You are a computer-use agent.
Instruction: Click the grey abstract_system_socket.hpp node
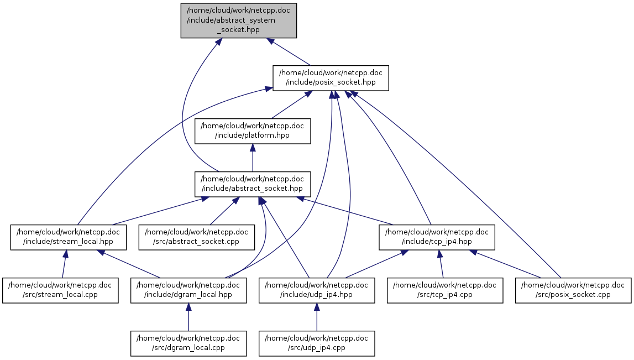[239, 20]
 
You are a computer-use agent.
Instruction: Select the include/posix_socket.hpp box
[331, 77]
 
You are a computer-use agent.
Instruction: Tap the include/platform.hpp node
[252, 131]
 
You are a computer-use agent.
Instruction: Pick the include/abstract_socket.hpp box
[252, 184]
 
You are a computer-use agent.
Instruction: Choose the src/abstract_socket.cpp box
[196, 237]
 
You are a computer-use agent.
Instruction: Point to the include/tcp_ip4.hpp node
[437, 237]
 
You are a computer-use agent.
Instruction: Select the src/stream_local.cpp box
[60, 290]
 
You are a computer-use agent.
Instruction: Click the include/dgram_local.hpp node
[188, 290]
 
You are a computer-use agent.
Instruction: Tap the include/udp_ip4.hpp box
[317, 290]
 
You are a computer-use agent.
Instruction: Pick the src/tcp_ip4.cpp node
[445, 290]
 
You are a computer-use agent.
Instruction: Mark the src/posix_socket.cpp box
[573, 290]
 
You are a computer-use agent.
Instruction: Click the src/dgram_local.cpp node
[188, 343]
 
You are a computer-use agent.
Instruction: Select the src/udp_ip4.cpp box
[317, 343]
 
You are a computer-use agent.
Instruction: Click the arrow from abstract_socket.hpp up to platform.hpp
[252, 158]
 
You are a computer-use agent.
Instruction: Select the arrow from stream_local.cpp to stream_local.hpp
[64, 264]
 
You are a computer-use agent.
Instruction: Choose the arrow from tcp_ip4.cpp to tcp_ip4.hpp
[441, 264]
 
